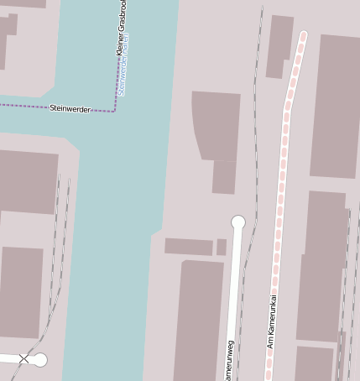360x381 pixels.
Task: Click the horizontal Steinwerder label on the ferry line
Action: point(70,108)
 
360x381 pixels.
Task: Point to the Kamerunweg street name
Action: point(229,361)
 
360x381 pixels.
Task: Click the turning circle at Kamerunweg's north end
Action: point(238,222)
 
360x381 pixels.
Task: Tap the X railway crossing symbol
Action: point(23,359)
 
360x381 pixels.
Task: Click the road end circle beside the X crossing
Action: point(39,360)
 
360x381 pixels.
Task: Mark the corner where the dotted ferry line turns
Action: point(115,111)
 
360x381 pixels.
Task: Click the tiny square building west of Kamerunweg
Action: point(222,247)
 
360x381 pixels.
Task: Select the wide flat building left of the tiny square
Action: point(189,246)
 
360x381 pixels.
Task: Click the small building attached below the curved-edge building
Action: point(224,177)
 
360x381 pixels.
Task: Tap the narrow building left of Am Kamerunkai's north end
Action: point(279,46)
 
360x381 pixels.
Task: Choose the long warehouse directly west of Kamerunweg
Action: point(200,319)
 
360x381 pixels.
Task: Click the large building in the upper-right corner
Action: point(336,105)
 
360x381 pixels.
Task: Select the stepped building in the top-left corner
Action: point(10,34)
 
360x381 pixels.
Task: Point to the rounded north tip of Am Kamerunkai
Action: point(302,36)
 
